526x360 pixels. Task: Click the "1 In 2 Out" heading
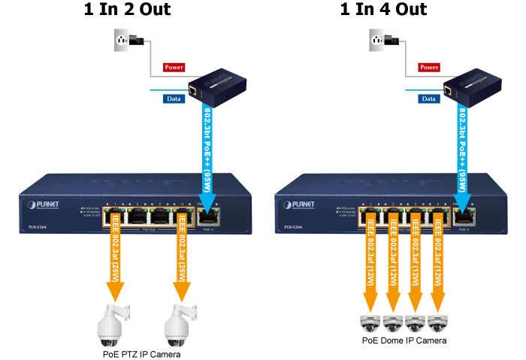(127, 10)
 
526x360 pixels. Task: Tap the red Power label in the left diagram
(174, 67)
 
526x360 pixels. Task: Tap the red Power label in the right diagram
(429, 67)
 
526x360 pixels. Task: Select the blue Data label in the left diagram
(174, 98)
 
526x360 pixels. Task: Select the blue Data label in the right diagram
(429, 98)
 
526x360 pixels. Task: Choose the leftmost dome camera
(369, 323)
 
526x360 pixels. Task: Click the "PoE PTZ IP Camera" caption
(141, 353)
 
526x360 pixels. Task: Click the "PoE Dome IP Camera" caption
(403, 340)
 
